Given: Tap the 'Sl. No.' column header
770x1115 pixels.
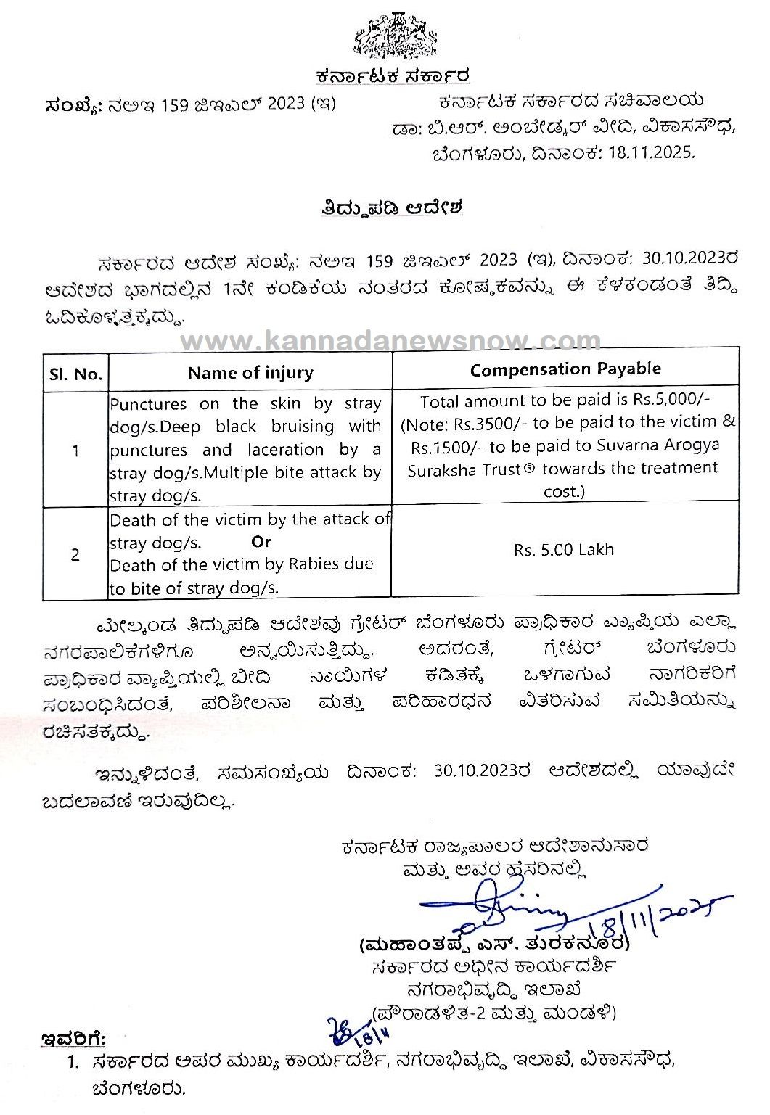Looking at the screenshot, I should click(75, 374).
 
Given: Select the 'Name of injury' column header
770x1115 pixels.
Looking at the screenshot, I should click(250, 373).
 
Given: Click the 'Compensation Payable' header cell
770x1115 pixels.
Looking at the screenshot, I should click(565, 369).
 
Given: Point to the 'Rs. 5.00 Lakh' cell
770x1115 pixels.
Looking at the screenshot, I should click(564, 549).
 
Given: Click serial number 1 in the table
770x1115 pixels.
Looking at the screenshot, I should click(75, 450).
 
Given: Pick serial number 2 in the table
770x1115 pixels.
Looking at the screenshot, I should click(75, 555).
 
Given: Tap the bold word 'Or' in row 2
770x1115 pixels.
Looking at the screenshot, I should click(261, 541).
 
